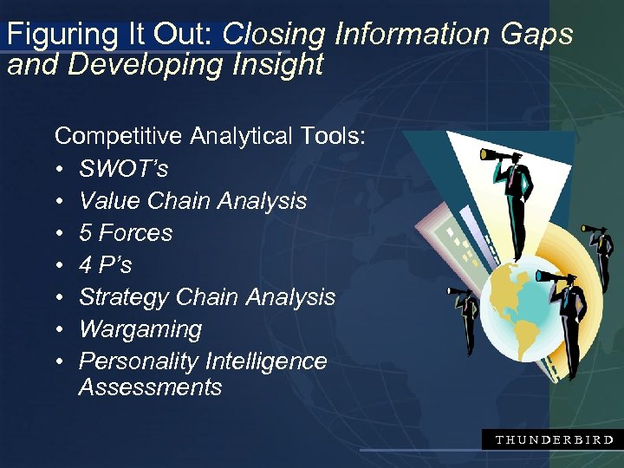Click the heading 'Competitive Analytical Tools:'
(211, 136)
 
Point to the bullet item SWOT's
(123, 168)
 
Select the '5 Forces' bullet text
(126, 232)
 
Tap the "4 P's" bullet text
(105, 264)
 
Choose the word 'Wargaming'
(140, 328)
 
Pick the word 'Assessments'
(150, 387)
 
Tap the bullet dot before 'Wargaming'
(60, 329)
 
